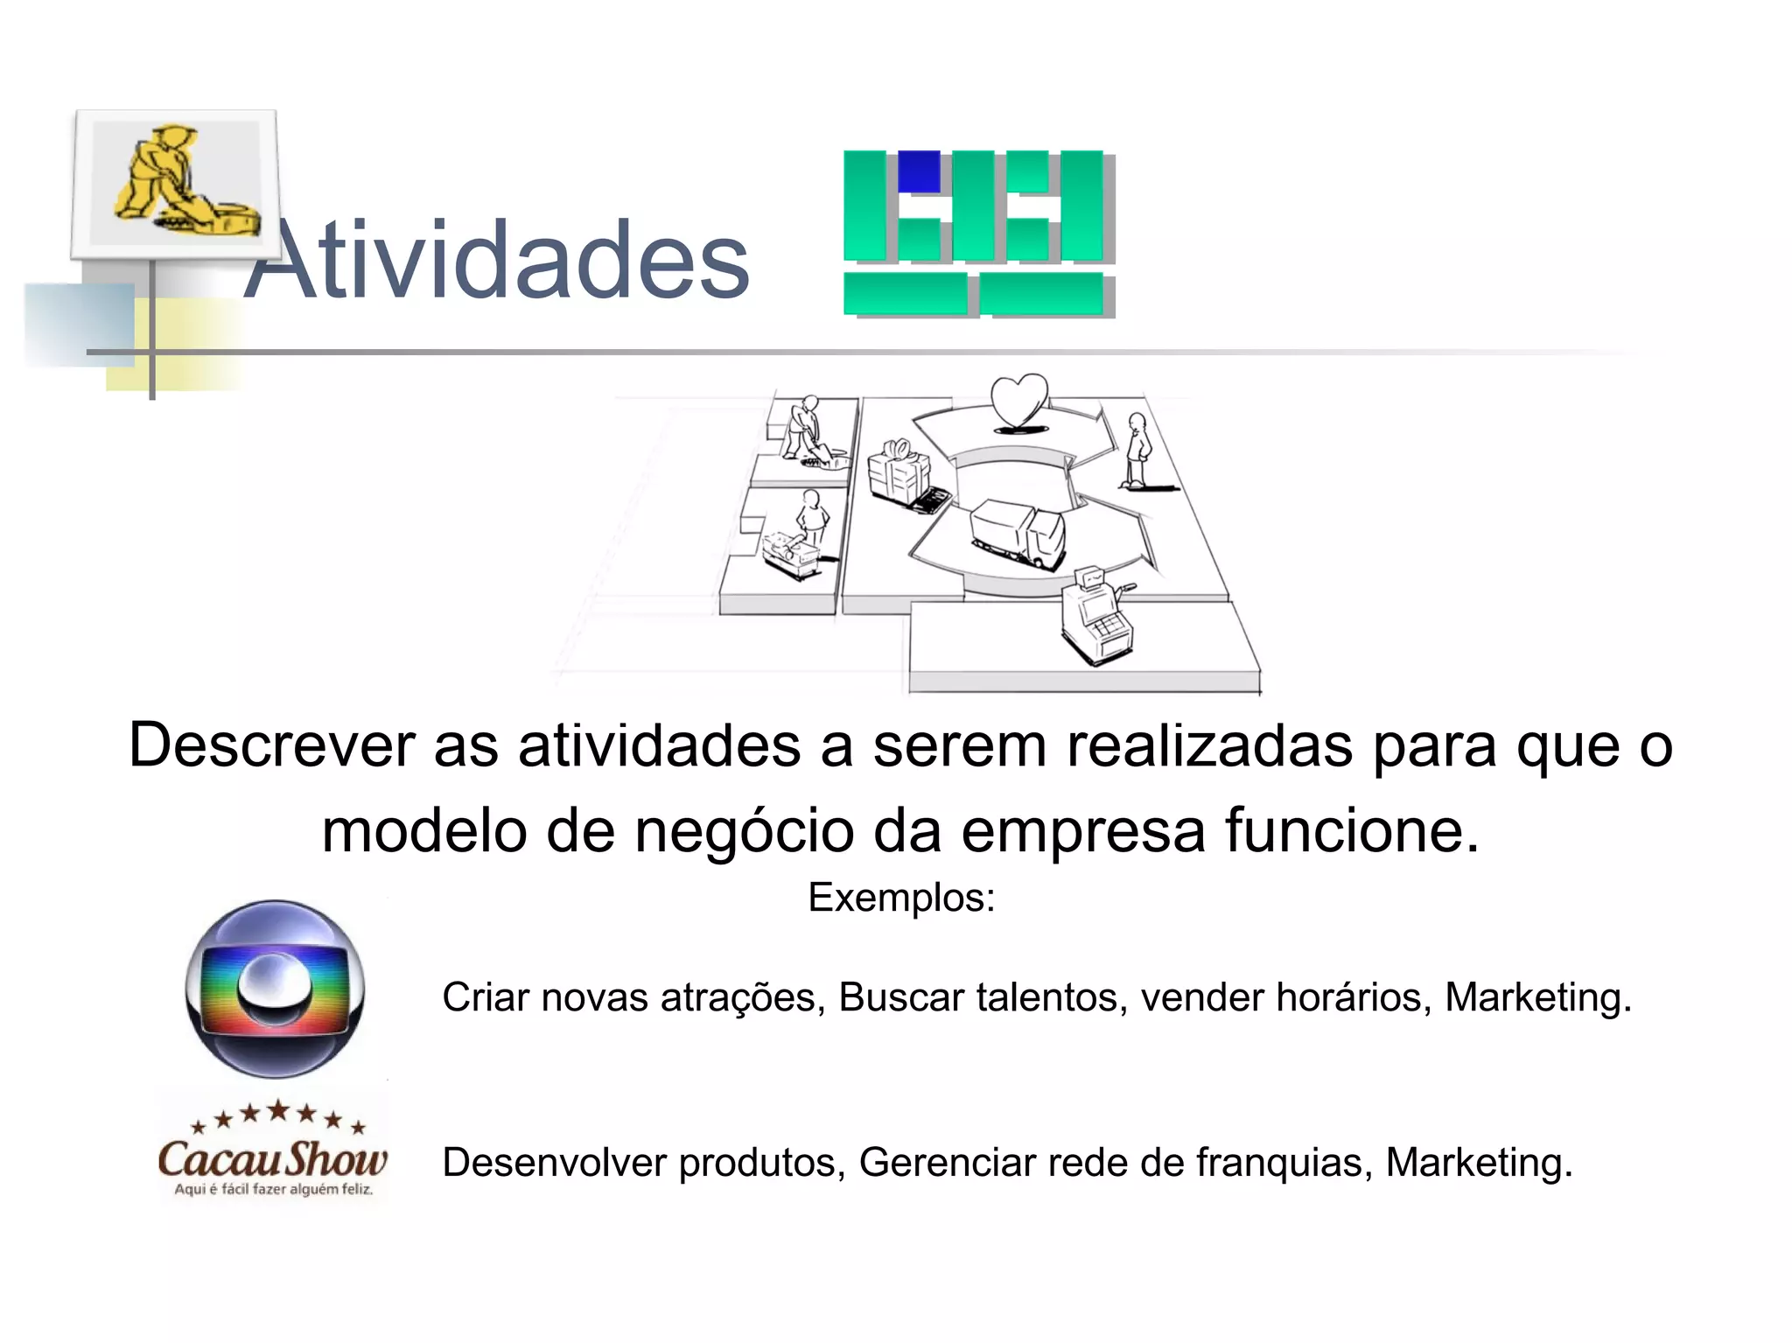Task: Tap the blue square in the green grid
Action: click(x=918, y=171)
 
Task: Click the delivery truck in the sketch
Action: click(x=1018, y=533)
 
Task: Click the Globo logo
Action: click(x=275, y=989)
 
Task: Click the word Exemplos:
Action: click(x=901, y=898)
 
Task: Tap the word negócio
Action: click(x=744, y=830)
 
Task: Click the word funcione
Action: click(x=1351, y=830)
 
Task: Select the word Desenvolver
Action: click(x=555, y=1163)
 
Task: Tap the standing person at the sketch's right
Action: click(x=1137, y=450)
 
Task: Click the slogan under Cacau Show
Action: click(x=273, y=1189)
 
